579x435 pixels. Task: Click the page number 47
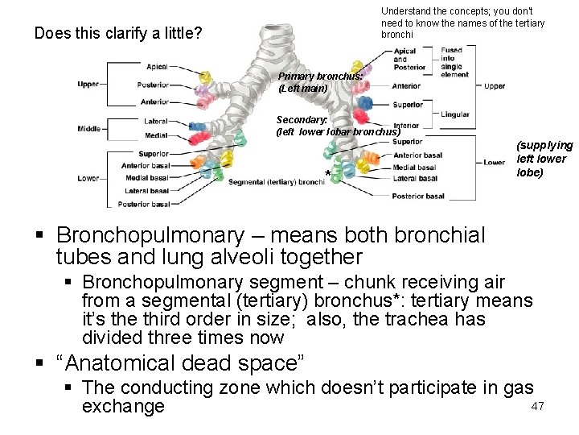(x=538, y=407)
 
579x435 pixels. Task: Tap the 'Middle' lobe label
(x=89, y=129)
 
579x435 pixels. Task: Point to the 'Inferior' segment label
(x=406, y=126)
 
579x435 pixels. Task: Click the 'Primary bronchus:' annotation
(x=321, y=76)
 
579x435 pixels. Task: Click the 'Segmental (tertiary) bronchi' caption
(x=276, y=182)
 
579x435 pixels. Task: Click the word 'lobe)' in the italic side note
(x=529, y=172)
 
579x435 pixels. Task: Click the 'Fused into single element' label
(x=455, y=63)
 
